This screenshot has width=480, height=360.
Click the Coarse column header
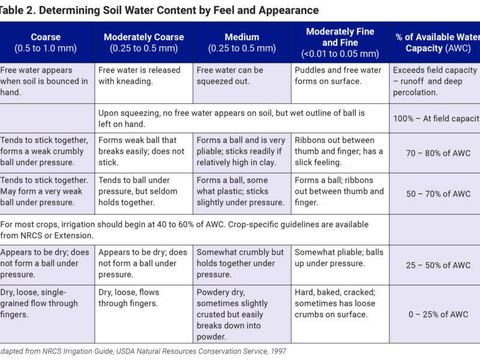click(x=46, y=43)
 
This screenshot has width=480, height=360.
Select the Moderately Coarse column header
click(x=143, y=43)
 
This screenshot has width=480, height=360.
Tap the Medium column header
click(x=242, y=43)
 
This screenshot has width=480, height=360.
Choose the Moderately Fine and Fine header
click(x=340, y=43)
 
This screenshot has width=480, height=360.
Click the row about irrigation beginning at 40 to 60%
click(x=186, y=230)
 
